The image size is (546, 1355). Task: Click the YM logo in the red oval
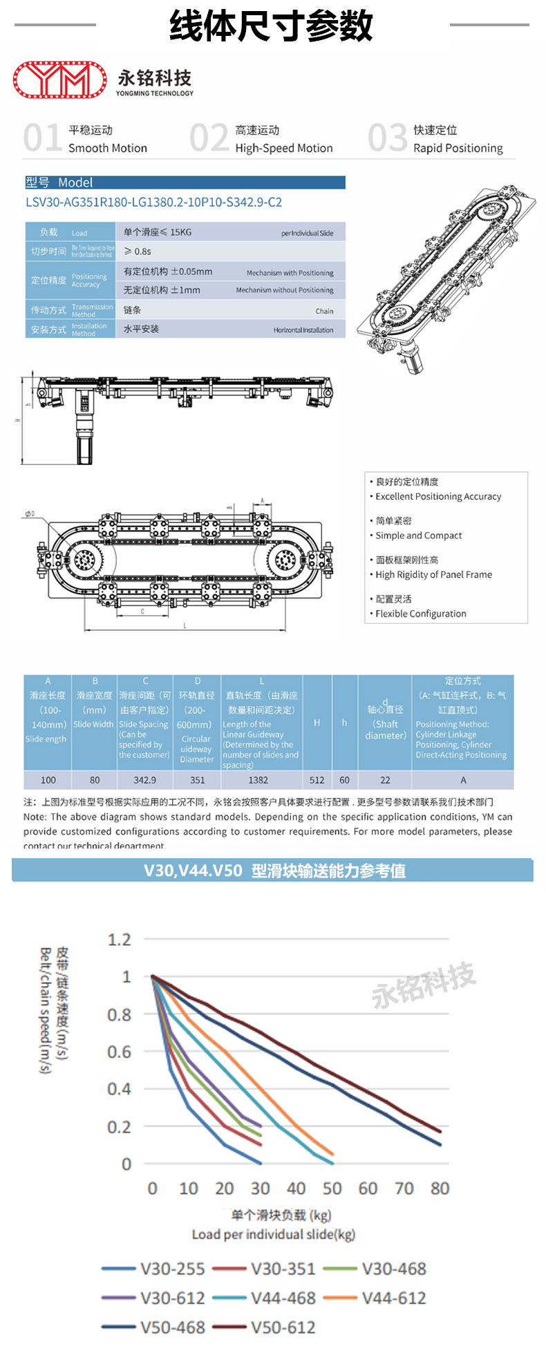click(59, 79)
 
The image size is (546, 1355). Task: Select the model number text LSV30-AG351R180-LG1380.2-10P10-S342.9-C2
click(153, 202)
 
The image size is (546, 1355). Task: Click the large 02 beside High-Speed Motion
click(209, 138)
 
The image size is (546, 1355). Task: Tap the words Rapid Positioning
click(458, 148)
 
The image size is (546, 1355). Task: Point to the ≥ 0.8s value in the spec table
click(138, 252)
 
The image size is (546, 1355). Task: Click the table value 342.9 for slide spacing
click(144, 780)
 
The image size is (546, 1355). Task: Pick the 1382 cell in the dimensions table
click(258, 780)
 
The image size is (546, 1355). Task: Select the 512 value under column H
click(317, 780)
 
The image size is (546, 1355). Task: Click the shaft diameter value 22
click(385, 780)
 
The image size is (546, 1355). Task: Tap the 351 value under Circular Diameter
click(197, 780)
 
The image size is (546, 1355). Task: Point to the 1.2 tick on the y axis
click(119, 940)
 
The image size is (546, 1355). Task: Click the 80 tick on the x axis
click(440, 1188)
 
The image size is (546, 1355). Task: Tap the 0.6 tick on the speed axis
click(119, 1052)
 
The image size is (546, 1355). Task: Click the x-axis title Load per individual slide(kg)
click(273, 1234)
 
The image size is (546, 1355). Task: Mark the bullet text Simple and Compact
click(418, 536)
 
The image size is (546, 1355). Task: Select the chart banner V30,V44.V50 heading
click(274, 871)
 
